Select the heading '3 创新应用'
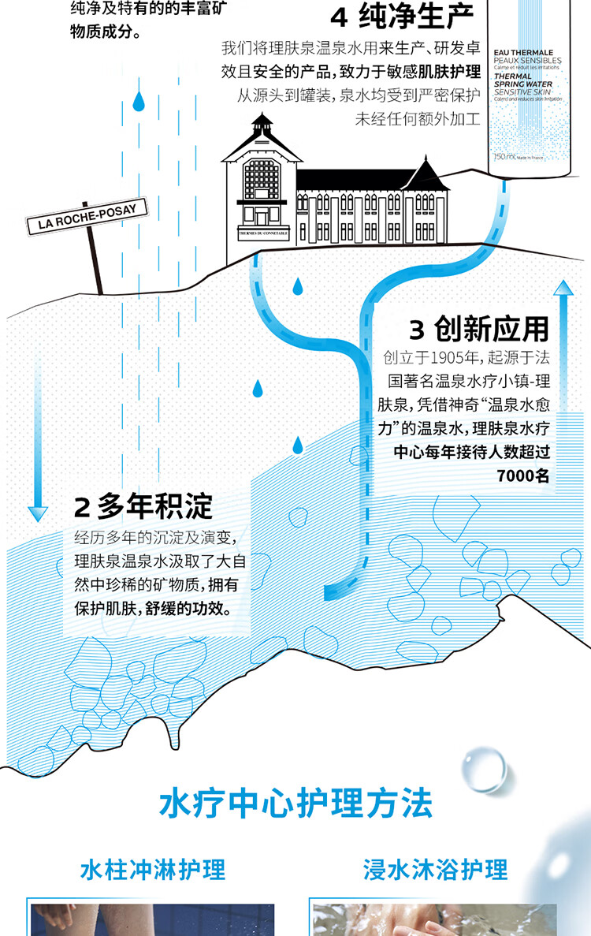point(478,329)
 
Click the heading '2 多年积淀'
point(143,507)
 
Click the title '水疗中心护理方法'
point(295,805)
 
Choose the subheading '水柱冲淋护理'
point(153,869)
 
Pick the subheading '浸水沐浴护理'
point(436,869)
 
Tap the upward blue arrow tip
point(563,285)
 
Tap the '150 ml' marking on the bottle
point(503,157)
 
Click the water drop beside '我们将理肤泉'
point(139,101)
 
